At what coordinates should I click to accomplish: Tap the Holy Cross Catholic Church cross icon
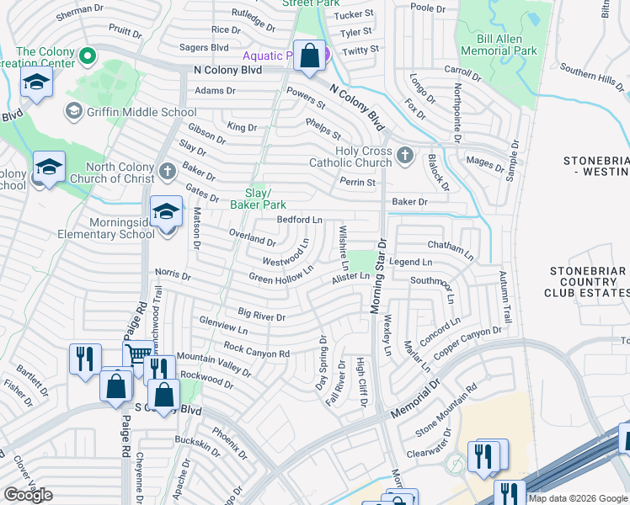pyautogui.click(x=405, y=155)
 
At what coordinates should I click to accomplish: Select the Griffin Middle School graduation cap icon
pyautogui.click(x=73, y=112)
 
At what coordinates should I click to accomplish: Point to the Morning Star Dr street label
pyautogui.click(x=377, y=277)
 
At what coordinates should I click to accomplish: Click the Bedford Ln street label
pyautogui.click(x=300, y=220)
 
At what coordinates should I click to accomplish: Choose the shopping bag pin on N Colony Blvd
pyautogui.click(x=309, y=56)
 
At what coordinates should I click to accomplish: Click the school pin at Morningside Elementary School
pyautogui.click(x=166, y=211)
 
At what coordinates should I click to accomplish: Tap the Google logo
pyautogui.click(x=28, y=495)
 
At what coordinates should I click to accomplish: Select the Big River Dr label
pyautogui.click(x=262, y=315)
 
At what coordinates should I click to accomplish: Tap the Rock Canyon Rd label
pyautogui.click(x=256, y=350)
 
